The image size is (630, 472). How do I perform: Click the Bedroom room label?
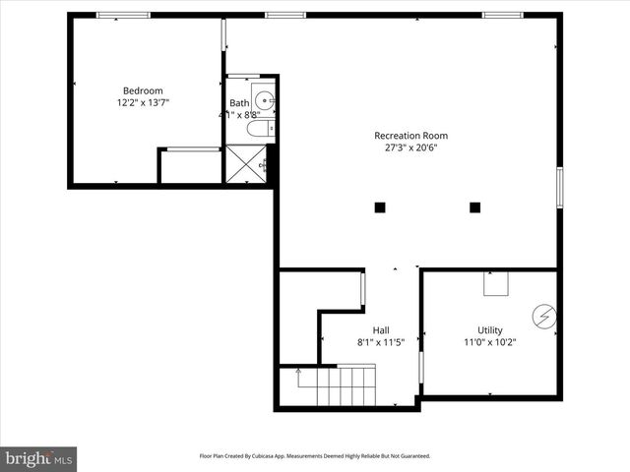[143, 90]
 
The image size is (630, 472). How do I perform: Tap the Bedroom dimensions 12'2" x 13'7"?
[143, 103]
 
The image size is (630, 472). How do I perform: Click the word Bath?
[239, 103]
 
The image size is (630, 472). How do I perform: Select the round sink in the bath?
[263, 99]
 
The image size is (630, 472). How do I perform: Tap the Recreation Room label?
[410, 136]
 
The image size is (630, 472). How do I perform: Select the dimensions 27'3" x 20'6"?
[410, 148]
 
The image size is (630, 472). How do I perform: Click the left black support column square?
[380, 206]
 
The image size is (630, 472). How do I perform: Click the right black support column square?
[474, 206]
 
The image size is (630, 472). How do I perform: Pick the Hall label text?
[381, 329]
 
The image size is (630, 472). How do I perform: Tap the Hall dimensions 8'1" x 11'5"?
[381, 342]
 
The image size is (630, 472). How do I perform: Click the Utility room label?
[490, 329]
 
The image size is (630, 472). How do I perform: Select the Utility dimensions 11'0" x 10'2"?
[490, 342]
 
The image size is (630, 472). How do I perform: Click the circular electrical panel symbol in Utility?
[544, 317]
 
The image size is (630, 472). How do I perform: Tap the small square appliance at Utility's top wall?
[495, 284]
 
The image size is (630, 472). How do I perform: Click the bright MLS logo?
[38, 457]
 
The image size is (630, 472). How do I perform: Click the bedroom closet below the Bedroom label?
[189, 166]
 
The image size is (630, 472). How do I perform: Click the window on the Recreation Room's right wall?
[559, 187]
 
